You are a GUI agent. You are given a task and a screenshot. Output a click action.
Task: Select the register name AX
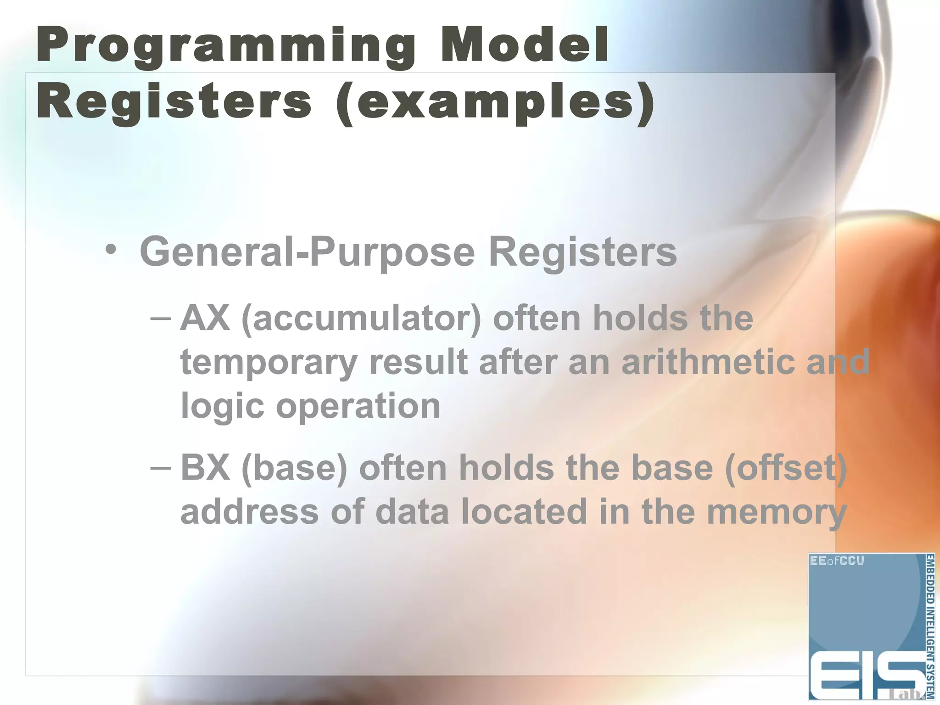click(205, 318)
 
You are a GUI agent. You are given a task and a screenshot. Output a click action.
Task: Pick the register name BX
click(205, 468)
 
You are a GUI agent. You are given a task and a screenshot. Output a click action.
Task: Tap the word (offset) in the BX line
click(785, 468)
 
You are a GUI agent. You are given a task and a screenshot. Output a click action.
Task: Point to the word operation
click(358, 406)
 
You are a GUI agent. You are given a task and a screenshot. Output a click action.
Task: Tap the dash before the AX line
click(161, 318)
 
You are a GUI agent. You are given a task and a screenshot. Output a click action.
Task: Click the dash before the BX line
click(161, 468)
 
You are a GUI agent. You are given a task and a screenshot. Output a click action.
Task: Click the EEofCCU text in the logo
click(837, 560)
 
